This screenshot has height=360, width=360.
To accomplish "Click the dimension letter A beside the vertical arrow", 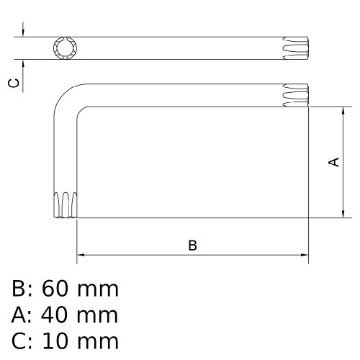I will point(333,163).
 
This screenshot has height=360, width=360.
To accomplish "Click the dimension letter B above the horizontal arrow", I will point(192,246).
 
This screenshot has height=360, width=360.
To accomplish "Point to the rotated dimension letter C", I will point(13,84).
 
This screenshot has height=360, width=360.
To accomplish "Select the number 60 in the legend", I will point(55,289).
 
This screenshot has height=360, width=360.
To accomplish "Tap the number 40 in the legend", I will point(55,315).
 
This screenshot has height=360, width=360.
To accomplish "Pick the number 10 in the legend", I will point(55,341).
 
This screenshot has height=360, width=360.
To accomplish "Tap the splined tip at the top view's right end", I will point(295,48).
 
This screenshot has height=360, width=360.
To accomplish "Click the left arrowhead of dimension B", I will point(81,255).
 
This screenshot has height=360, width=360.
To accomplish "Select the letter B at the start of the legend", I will point(19,289).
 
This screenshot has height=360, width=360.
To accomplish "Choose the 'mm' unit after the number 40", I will point(97,315).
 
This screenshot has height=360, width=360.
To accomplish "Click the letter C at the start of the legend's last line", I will point(19,341).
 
